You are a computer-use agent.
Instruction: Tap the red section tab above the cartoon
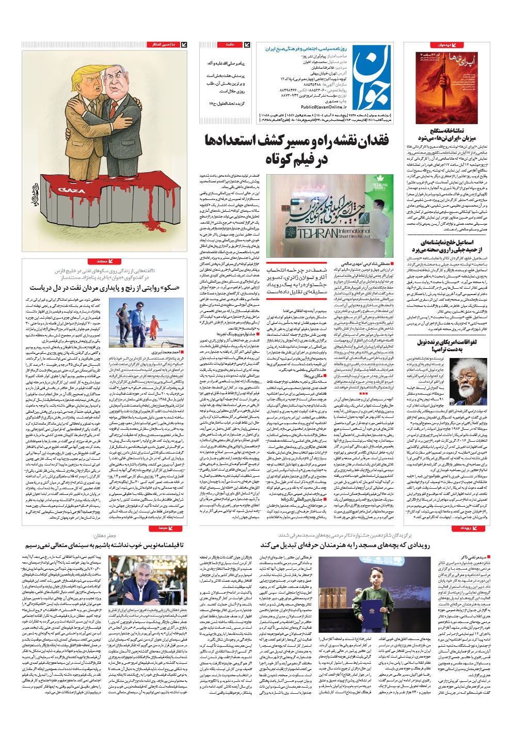161,45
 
